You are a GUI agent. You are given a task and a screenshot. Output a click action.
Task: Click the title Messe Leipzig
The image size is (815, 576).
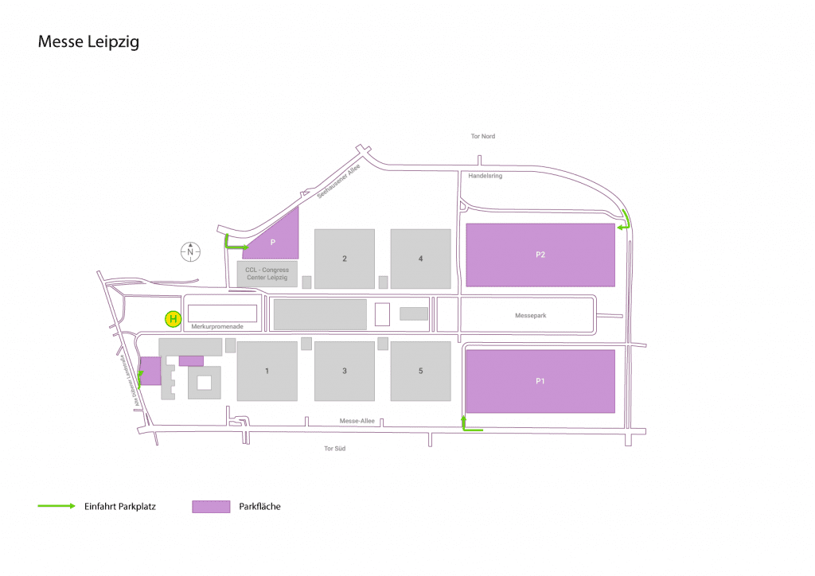click(88, 42)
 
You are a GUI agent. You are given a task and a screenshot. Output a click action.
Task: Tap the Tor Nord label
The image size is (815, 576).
click(483, 136)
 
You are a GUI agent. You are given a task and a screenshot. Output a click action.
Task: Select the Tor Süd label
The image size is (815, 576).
click(335, 448)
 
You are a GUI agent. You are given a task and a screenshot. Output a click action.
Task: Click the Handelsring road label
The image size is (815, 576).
click(485, 176)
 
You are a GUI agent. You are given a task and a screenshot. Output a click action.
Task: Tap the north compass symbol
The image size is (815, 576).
click(190, 251)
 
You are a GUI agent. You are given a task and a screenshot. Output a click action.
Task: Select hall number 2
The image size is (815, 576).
click(345, 259)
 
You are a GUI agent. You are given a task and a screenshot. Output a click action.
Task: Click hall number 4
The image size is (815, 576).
click(420, 259)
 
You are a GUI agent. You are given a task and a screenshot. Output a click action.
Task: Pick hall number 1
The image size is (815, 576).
click(267, 371)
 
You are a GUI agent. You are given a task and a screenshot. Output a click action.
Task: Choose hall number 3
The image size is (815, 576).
click(345, 371)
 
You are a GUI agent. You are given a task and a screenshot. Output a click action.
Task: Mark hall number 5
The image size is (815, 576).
click(420, 371)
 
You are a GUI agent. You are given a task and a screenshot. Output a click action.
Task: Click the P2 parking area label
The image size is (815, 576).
click(540, 255)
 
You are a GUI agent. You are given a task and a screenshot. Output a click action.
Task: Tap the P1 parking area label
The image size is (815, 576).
click(540, 381)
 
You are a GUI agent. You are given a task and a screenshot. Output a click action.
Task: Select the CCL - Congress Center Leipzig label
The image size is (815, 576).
click(267, 274)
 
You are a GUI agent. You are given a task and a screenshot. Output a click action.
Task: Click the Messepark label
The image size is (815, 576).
click(531, 315)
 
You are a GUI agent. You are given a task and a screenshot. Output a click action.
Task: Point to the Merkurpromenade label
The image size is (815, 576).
click(217, 326)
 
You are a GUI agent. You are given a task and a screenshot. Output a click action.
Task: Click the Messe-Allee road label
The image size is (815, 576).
click(357, 421)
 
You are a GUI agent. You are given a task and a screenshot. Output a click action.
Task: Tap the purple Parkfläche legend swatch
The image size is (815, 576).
click(211, 507)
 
